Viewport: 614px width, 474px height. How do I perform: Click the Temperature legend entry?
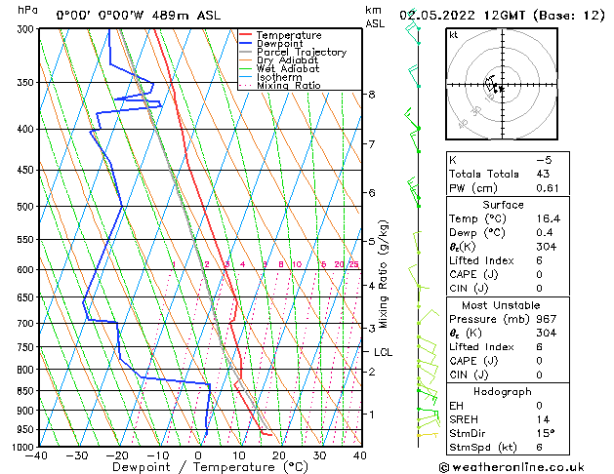tap(290, 35)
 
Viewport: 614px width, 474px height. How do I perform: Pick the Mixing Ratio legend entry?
tap(288, 86)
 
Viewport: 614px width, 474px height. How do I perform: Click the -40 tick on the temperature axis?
tap(37, 455)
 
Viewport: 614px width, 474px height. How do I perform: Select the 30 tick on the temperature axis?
tap(319, 455)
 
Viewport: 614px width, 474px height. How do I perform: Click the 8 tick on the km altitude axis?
tap(372, 94)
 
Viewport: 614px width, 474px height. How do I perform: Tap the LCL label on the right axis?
tap(383, 352)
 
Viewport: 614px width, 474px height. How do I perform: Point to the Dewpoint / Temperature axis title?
tap(199, 467)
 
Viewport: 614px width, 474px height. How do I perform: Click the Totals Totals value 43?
tap(543, 174)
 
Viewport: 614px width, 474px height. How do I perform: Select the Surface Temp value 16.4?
tap(546, 219)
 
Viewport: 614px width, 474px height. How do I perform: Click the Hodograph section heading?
tap(503, 391)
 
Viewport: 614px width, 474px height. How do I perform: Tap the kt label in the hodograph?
tap(454, 35)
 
